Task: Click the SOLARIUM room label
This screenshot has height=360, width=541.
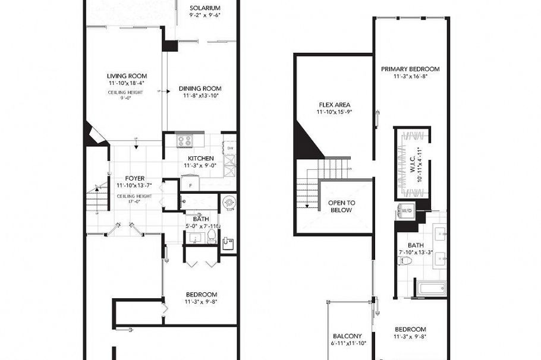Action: point(205,8)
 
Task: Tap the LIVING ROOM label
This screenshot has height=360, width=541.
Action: point(127,76)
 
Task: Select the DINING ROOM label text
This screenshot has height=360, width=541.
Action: point(200,89)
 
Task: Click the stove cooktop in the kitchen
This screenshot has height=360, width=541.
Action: point(184,141)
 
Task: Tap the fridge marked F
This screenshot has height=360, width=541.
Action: point(190,185)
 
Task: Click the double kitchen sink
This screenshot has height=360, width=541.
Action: point(229,163)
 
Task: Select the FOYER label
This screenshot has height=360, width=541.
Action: point(134,178)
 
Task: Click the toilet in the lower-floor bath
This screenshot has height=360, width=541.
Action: point(211,237)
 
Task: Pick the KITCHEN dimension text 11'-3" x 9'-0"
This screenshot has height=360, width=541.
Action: point(200,166)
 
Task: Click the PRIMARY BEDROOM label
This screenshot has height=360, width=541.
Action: point(410,69)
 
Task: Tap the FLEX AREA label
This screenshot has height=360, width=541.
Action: point(334,105)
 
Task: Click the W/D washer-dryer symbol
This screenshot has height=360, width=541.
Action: point(407,211)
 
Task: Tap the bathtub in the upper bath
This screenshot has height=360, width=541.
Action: point(430,289)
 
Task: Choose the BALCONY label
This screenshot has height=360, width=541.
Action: point(348,336)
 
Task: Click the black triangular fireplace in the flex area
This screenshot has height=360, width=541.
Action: point(306,143)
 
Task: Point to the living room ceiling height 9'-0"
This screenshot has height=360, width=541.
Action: point(127,97)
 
